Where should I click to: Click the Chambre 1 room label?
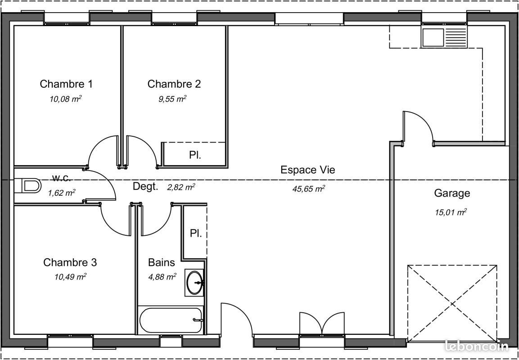(x=66, y=84)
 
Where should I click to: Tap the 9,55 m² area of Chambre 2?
(x=172, y=99)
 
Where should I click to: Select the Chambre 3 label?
(x=70, y=262)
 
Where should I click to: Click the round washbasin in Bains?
(x=195, y=283)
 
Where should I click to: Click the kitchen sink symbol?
(x=445, y=36)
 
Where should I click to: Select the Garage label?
(x=452, y=193)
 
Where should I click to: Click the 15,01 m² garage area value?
(x=451, y=212)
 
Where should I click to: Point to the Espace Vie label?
(x=307, y=170)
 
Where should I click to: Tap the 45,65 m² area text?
(x=308, y=189)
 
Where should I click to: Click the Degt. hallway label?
(x=145, y=187)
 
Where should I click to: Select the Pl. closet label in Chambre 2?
(x=195, y=155)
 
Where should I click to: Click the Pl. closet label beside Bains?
(x=195, y=234)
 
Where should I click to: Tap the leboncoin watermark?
(x=476, y=346)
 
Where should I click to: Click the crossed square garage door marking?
(x=452, y=302)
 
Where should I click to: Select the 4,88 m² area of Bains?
(x=162, y=277)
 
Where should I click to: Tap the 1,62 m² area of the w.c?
(x=61, y=193)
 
